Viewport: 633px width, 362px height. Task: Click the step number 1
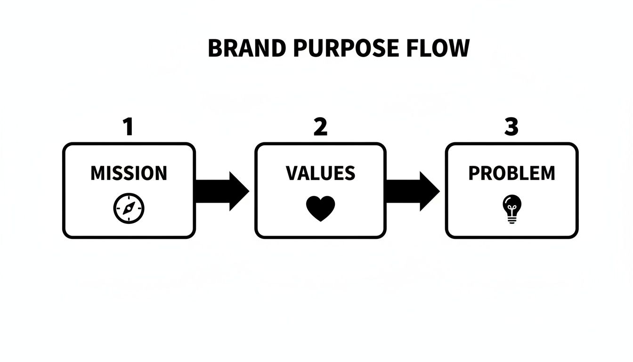pyautogui.click(x=128, y=127)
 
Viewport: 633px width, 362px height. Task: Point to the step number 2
pyautogui.click(x=320, y=127)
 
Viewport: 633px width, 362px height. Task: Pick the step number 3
pyautogui.click(x=511, y=127)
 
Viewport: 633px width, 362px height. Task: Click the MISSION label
pyautogui.click(x=129, y=173)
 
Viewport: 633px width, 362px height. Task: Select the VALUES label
pyautogui.click(x=320, y=173)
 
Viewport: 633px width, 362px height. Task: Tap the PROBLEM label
pyautogui.click(x=511, y=173)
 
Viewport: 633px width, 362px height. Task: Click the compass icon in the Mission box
pyautogui.click(x=129, y=208)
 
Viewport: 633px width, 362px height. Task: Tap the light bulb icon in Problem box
pyautogui.click(x=511, y=209)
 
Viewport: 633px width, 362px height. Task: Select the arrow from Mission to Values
pyautogui.click(x=221, y=191)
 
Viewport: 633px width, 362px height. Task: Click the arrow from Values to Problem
pyautogui.click(x=413, y=191)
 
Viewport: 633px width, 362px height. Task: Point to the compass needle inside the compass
pyautogui.click(x=129, y=208)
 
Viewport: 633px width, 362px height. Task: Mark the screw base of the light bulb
pyautogui.click(x=511, y=219)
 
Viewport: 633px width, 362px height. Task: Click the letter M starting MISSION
pyautogui.click(x=97, y=173)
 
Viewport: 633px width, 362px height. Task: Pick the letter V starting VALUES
pyautogui.click(x=292, y=173)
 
